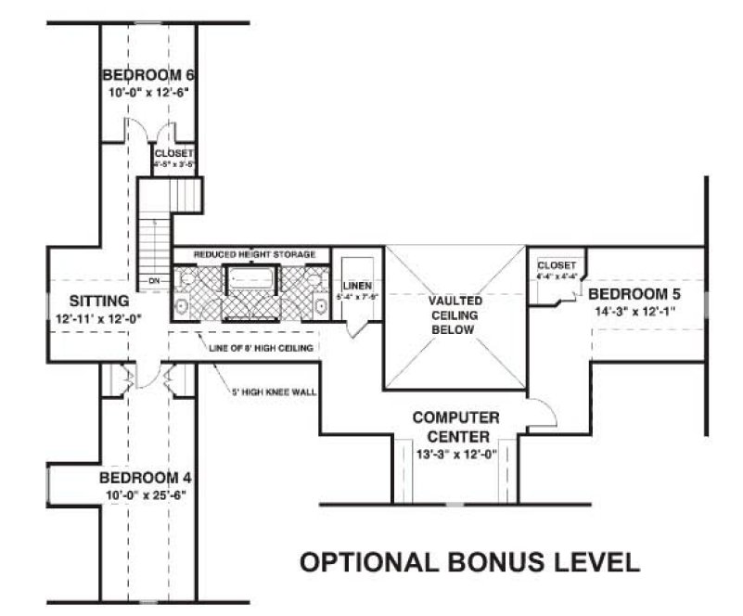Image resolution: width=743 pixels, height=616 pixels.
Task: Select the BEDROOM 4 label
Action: [146, 478]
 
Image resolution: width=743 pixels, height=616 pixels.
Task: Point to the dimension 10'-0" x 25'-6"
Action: [146, 495]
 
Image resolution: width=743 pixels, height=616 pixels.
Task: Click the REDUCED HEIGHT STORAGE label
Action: [254, 254]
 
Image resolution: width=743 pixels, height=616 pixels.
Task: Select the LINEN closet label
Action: [356, 285]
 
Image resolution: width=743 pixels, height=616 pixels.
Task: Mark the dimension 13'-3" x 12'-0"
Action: [456, 455]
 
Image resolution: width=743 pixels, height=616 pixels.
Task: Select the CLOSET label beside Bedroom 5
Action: [557, 265]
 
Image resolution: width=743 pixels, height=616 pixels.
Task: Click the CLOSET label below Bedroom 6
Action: [174, 153]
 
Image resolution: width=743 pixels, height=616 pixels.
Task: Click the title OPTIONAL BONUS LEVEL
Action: [468, 561]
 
